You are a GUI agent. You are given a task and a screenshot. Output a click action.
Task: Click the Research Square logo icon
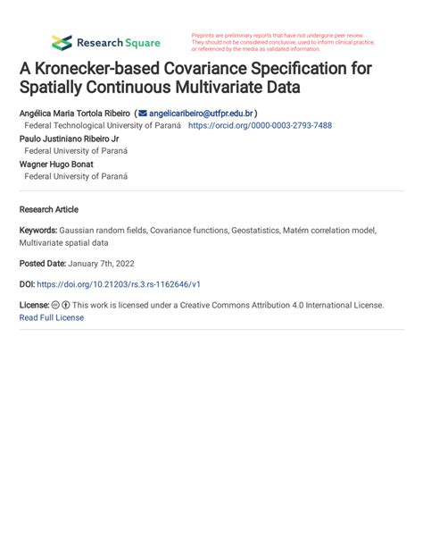click(62, 42)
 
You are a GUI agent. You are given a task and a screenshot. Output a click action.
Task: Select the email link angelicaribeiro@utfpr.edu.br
click(201, 114)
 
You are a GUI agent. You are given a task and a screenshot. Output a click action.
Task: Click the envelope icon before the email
click(142, 114)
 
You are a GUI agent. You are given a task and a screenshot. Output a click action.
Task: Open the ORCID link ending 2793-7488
click(259, 126)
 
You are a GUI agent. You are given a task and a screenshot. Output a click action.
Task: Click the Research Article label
click(48, 209)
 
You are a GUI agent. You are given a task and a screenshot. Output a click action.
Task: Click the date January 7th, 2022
click(108, 263)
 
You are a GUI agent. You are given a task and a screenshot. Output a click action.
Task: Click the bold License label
click(34, 305)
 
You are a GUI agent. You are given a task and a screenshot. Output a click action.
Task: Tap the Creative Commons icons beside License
click(61, 305)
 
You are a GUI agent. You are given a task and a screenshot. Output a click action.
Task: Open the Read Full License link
click(51, 317)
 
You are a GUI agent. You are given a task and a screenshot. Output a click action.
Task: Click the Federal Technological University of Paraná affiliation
click(103, 126)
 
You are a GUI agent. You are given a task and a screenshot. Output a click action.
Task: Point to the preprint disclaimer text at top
click(282, 42)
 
